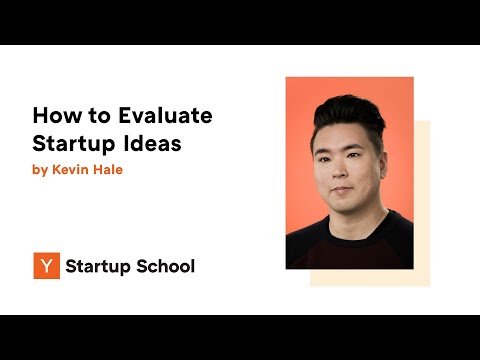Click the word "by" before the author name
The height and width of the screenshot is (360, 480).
coord(40,170)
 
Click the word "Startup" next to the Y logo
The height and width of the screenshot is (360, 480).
coord(99,266)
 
